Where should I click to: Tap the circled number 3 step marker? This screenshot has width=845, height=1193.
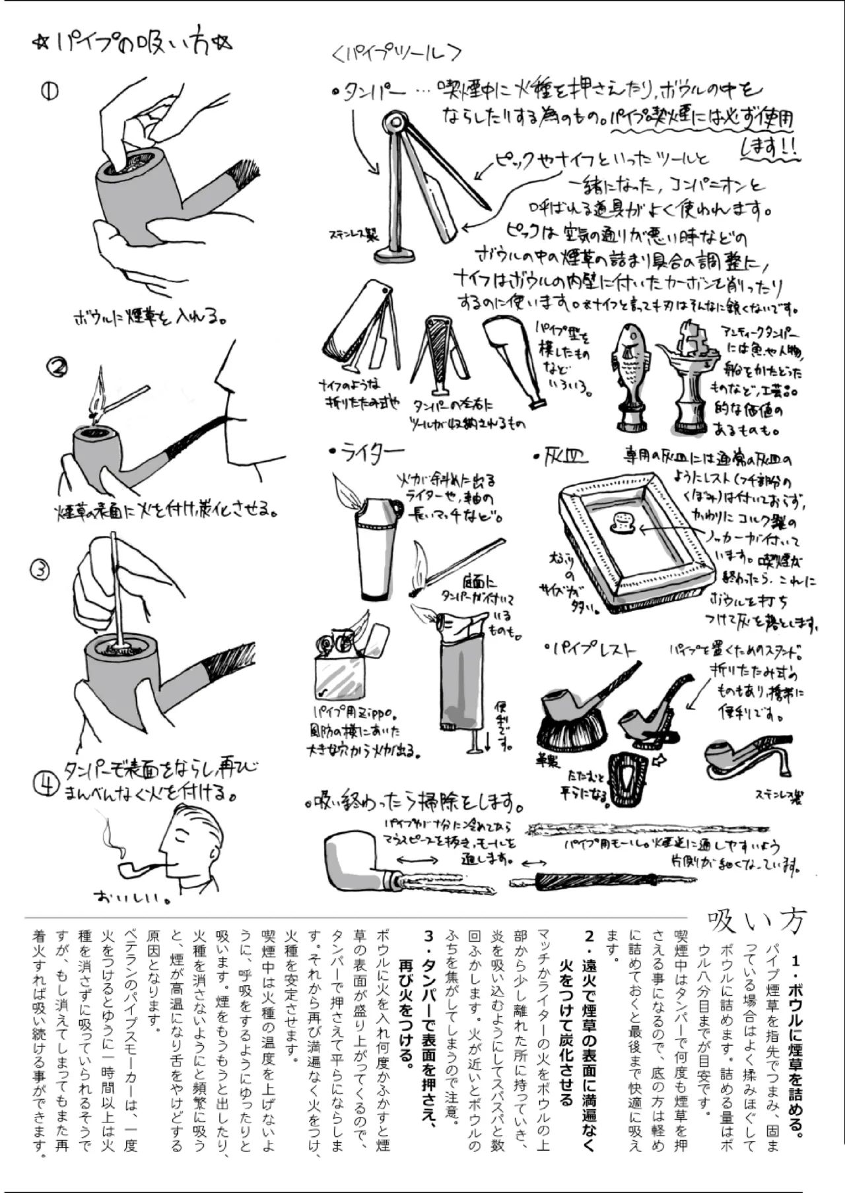40,569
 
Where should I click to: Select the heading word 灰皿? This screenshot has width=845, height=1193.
565,455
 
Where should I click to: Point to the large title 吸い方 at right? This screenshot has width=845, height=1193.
757,921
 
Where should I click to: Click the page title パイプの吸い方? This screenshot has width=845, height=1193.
132,44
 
